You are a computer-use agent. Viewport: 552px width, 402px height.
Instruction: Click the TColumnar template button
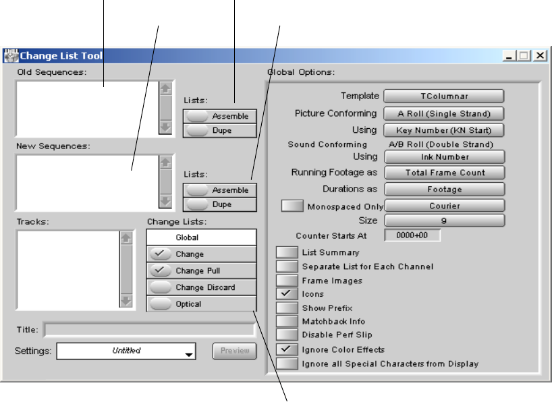pyautogui.click(x=444, y=96)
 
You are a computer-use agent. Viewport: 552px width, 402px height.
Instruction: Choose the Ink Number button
pyautogui.click(x=444, y=156)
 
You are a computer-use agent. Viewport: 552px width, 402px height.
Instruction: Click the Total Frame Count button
pyautogui.click(x=444, y=173)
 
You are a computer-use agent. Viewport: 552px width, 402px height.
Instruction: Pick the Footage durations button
pyautogui.click(x=444, y=190)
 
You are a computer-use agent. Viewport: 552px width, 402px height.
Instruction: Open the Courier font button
pyautogui.click(x=444, y=206)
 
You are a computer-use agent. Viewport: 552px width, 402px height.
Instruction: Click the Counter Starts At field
pyautogui.click(x=412, y=235)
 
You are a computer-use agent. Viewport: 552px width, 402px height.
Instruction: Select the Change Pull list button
pyautogui.click(x=201, y=270)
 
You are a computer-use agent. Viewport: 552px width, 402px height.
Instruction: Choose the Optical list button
pyautogui.click(x=201, y=304)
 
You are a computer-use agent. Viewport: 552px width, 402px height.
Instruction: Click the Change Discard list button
pyautogui.click(x=201, y=287)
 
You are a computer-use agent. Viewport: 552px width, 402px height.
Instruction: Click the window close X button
pyautogui.click(x=540, y=55)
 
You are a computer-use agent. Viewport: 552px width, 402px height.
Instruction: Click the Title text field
pyautogui.click(x=148, y=330)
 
